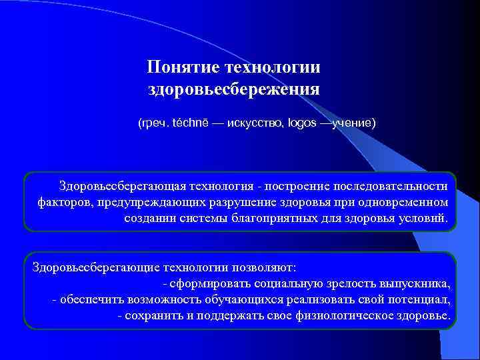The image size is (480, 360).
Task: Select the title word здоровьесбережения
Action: pyautogui.click(x=234, y=89)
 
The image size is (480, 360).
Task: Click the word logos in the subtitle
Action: pyautogui.click(x=302, y=123)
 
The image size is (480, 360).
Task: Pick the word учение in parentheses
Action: pyautogui.click(x=352, y=123)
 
